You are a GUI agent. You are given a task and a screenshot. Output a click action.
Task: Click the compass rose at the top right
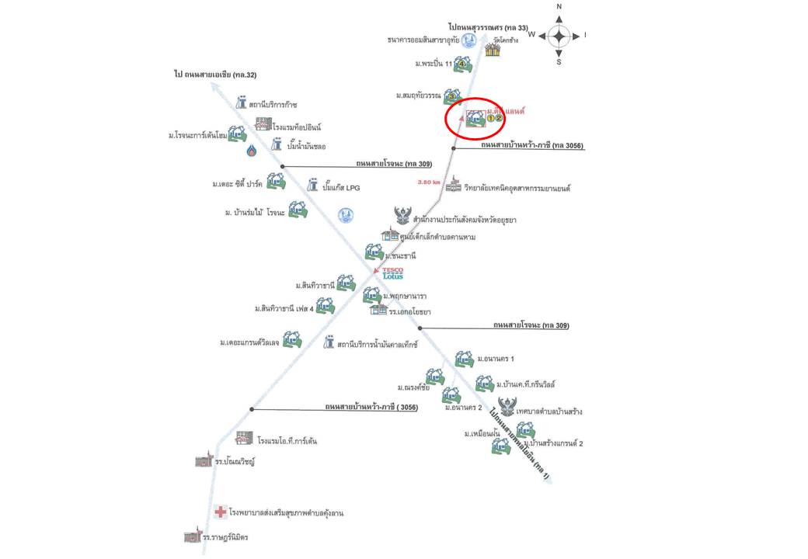pos(559,35)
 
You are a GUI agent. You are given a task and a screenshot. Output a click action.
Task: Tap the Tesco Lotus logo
pos(392,273)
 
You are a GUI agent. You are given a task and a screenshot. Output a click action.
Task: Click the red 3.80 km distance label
pos(430,182)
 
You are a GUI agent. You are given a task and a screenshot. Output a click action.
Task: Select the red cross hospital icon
pos(221,512)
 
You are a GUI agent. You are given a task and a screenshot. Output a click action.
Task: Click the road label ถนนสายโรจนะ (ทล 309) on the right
pos(530,326)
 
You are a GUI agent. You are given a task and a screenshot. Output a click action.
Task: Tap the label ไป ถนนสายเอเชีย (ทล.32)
pos(215,75)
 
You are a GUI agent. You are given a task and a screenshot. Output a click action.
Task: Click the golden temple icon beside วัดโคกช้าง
pos(492,50)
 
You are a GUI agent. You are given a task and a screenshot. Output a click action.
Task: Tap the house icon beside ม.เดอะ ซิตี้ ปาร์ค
pos(276,182)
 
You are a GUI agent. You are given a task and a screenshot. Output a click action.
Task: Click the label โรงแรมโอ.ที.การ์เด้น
pos(287,441)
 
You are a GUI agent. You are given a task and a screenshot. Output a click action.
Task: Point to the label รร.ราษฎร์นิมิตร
pos(231,537)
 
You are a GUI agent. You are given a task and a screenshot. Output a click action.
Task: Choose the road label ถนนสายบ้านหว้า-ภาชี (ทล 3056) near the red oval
pos(531,145)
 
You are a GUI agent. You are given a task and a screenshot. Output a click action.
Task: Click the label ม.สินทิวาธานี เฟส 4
pos(283,309)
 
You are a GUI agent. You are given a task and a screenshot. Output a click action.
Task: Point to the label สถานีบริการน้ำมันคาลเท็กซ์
pos(378,342)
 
